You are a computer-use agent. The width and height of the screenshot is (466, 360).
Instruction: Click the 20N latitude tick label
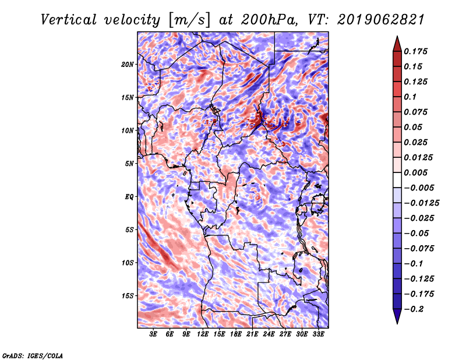[x=128, y=64]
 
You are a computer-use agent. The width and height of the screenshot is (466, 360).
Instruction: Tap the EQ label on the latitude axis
[x=129, y=196]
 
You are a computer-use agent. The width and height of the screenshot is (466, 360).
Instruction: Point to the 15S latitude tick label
[x=128, y=296]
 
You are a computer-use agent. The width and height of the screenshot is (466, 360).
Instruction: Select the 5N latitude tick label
[x=129, y=164]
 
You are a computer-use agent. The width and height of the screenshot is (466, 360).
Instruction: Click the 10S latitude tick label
[x=128, y=263]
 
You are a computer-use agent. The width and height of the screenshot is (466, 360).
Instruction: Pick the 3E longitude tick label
[x=153, y=334]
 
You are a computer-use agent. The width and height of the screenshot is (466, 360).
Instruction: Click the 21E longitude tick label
[x=252, y=334]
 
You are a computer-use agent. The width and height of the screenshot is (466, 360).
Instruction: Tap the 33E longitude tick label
[x=318, y=334]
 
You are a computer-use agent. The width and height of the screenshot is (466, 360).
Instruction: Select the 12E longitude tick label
[x=202, y=334]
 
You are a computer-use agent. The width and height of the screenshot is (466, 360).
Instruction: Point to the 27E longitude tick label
[x=285, y=334]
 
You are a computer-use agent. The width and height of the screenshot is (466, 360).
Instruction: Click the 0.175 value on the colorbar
[x=415, y=51]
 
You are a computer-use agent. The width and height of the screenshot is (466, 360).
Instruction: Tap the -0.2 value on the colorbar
[x=414, y=309]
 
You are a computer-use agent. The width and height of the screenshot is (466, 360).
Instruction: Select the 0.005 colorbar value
[x=415, y=172]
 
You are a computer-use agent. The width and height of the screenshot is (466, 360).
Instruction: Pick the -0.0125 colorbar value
[x=421, y=203]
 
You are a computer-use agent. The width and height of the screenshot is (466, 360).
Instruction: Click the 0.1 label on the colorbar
[x=410, y=97]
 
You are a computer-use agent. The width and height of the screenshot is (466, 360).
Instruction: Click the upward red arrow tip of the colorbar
[x=397, y=37]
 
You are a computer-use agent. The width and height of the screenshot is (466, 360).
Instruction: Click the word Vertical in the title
[x=69, y=20]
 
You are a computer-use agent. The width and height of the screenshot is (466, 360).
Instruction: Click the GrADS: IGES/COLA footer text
[x=33, y=356]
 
